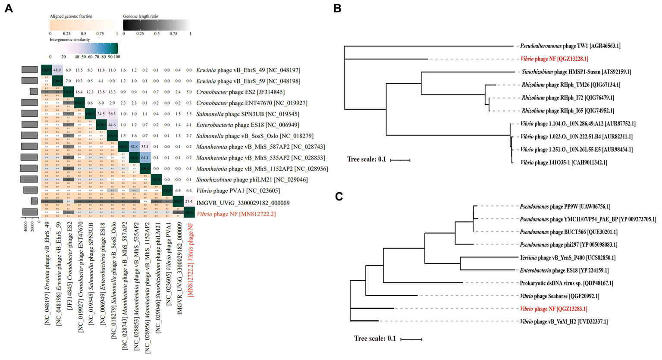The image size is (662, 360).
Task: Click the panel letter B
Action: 337,8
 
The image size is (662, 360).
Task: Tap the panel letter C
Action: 339,197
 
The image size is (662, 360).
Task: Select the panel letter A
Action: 9,8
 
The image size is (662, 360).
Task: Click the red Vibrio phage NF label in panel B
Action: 554,59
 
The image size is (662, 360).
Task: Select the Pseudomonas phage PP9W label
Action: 565,207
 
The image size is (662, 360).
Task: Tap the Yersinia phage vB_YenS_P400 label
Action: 568,258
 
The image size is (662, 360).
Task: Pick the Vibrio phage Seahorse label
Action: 559,296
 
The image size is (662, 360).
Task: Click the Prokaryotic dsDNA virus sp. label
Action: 566,283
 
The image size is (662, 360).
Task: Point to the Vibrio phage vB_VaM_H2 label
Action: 564,322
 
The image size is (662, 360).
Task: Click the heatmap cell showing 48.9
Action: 57,70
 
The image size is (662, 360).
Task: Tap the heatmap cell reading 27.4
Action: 188,201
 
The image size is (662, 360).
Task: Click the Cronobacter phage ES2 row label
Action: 240,92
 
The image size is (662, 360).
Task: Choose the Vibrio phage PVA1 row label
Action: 238,191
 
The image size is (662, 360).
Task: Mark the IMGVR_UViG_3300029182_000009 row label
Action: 243,203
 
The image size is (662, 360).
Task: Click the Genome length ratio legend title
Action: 141,16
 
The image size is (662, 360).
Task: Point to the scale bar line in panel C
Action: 411,339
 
